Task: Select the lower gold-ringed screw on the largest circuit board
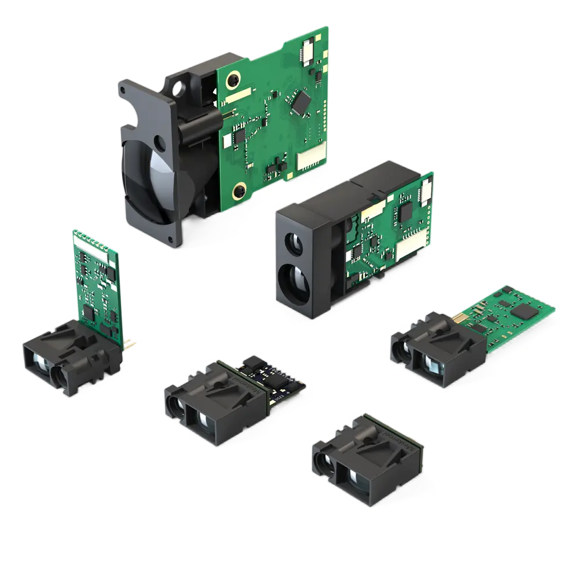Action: (x=238, y=192)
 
